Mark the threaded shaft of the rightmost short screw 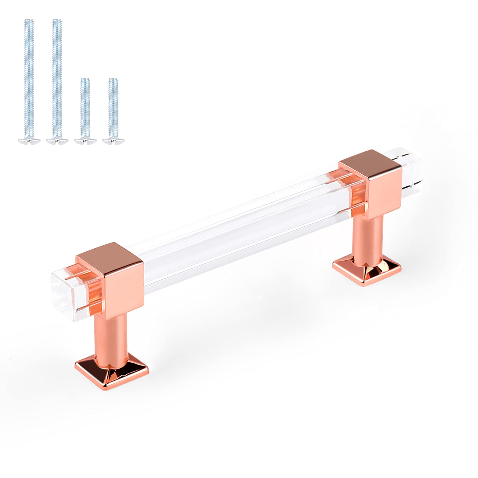click(113, 108)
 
